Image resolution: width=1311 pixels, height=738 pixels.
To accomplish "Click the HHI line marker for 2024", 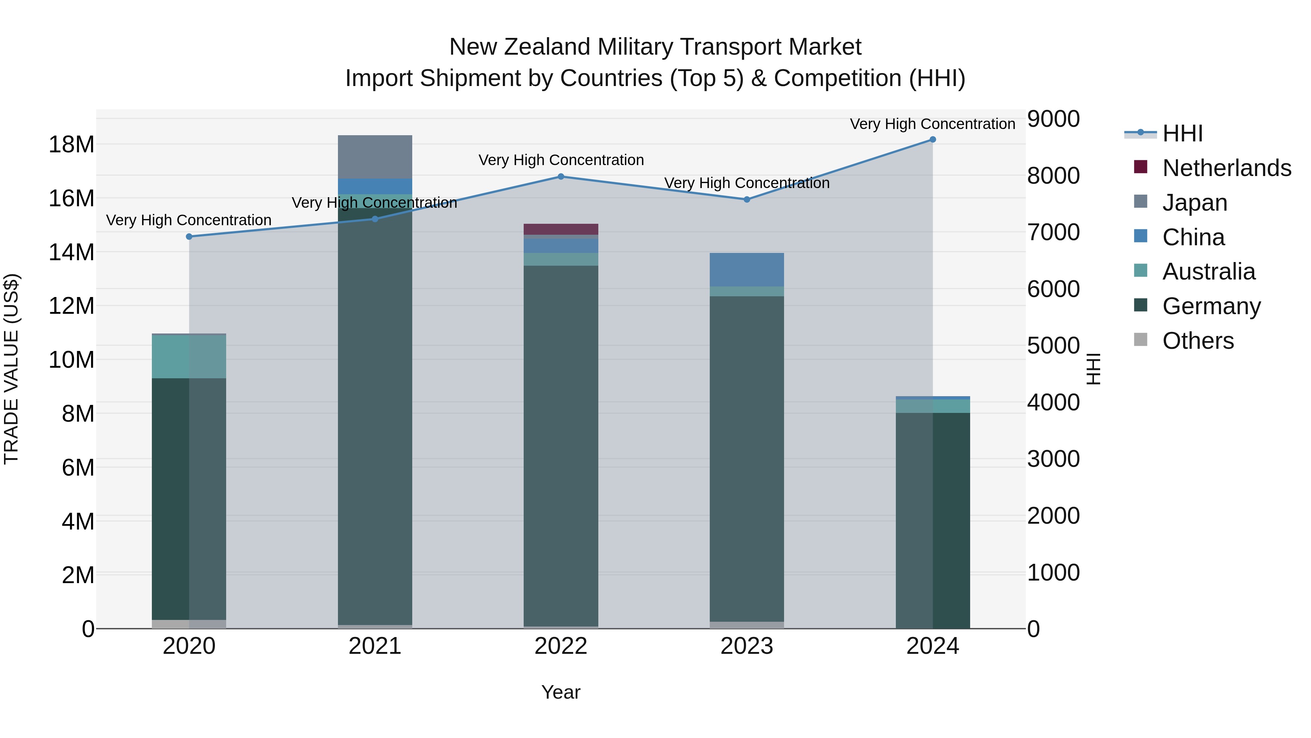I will coord(932,140).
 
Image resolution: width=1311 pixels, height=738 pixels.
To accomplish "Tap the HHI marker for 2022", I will coord(561,177).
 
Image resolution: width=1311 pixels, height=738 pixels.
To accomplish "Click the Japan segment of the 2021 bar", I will coord(375,157).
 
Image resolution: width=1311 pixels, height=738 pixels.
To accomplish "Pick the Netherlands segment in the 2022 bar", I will coord(561,229).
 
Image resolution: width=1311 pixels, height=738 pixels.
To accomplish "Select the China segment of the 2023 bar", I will coord(747,270).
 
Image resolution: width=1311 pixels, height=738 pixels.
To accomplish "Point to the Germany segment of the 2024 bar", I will coord(932,519).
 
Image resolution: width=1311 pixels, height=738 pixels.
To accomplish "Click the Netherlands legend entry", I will coord(1227,168).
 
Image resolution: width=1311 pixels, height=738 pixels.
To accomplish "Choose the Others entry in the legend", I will coord(1198,341).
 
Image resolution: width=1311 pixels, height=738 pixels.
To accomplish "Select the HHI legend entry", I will coord(1182,133).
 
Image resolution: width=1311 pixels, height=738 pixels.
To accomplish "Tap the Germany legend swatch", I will coord(1141,306).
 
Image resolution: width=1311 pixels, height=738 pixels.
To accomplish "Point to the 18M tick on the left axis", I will coord(71,145).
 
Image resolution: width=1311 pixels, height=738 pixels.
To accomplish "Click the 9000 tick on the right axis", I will coord(1053,119).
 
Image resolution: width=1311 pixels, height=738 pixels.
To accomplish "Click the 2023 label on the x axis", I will coord(747,646).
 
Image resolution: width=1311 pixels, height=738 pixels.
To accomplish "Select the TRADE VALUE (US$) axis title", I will coord(11,369).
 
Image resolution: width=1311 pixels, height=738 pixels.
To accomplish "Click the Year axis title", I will coord(561,692).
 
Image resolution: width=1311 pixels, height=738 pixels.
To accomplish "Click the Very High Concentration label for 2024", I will coord(932,124).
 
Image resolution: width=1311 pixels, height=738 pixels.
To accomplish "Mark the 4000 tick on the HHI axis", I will coord(1053,402).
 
